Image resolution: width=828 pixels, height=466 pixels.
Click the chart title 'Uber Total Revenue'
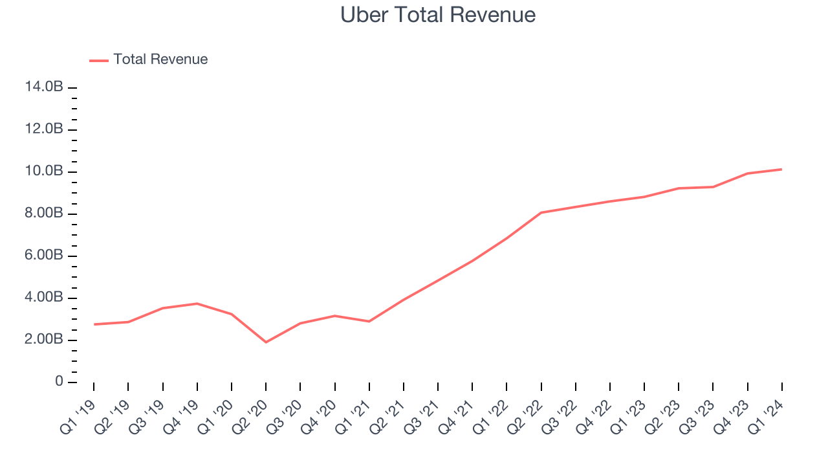click(438, 14)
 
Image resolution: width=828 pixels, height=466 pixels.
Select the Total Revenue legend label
click(160, 60)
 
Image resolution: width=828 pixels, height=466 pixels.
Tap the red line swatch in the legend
click(99, 60)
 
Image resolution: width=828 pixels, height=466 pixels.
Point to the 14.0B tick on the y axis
click(45, 87)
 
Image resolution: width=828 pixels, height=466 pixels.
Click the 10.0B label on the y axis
click(45, 172)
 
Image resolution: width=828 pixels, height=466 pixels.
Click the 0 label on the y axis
click(59, 382)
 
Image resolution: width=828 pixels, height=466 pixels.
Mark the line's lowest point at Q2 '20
click(266, 342)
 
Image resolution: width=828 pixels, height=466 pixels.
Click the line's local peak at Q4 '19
click(197, 304)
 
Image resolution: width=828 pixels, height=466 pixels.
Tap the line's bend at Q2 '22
click(541, 212)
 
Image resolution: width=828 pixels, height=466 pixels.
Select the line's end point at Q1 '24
click(781, 170)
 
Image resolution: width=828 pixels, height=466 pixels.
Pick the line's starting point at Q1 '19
click(94, 324)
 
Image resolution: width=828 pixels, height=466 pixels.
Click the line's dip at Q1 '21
click(369, 321)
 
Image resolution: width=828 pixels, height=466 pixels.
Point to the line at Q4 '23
click(747, 173)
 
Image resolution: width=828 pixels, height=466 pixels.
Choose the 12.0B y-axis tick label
click(45, 129)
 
